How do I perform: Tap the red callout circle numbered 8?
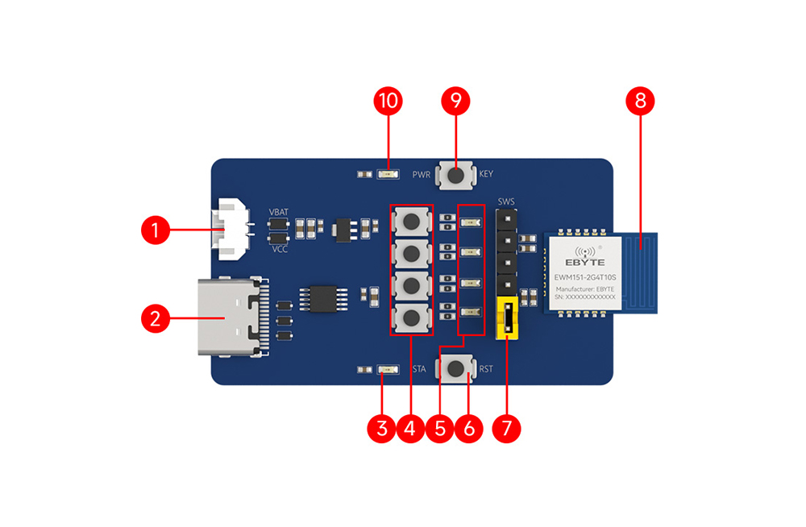pyautogui.click(x=640, y=102)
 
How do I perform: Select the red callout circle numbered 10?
pyautogui.click(x=389, y=102)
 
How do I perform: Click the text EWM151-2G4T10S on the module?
pyautogui.click(x=585, y=278)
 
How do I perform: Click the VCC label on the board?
pyautogui.click(x=279, y=249)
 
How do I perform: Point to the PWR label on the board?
pyautogui.click(x=421, y=174)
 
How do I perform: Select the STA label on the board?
pyautogui.click(x=419, y=370)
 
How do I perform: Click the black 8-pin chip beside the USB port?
pyautogui.click(x=322, y=297)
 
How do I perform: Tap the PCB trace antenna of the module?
pyautogui.click(x=642, y=272)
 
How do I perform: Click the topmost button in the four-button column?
pyautogui.click(x=412, y=220)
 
